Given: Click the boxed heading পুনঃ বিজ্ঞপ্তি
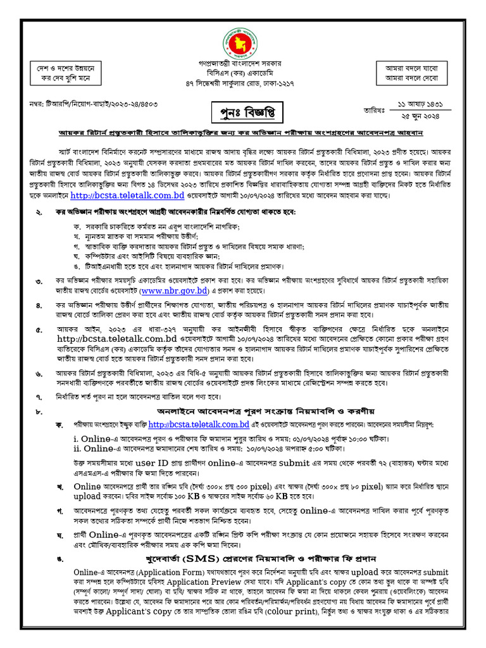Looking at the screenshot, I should tap(242, 113).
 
